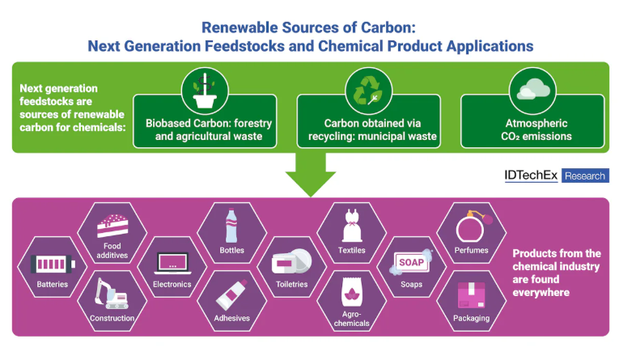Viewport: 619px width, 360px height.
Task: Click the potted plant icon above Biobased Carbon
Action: [205, 91]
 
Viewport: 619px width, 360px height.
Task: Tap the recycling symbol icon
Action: [368, 91]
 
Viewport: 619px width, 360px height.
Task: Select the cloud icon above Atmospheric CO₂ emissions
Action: [533, 89]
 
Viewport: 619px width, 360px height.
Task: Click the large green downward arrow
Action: [311, 174]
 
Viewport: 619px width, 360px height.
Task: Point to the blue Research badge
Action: [585, 176]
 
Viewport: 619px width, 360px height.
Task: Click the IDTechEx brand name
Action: [531, 176]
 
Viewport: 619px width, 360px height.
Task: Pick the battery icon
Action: [53, 264]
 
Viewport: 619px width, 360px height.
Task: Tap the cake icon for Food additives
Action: [112, 227]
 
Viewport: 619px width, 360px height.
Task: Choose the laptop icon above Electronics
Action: [172, 263]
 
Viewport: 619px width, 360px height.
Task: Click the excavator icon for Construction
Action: [111, 294]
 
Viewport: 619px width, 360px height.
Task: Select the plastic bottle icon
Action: [231, 226]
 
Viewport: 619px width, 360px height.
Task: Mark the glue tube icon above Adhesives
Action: [231, 294]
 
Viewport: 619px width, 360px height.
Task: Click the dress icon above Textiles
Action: [352, 226]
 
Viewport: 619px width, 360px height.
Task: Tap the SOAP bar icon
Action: [411, 262]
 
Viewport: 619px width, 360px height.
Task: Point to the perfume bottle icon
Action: [473, 227]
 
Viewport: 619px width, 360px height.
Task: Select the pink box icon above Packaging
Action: [471, 294]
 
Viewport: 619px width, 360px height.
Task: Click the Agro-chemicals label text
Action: [351, 319]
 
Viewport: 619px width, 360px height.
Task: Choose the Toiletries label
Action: [292, 284]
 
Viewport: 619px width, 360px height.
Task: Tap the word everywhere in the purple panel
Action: [541, 293]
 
